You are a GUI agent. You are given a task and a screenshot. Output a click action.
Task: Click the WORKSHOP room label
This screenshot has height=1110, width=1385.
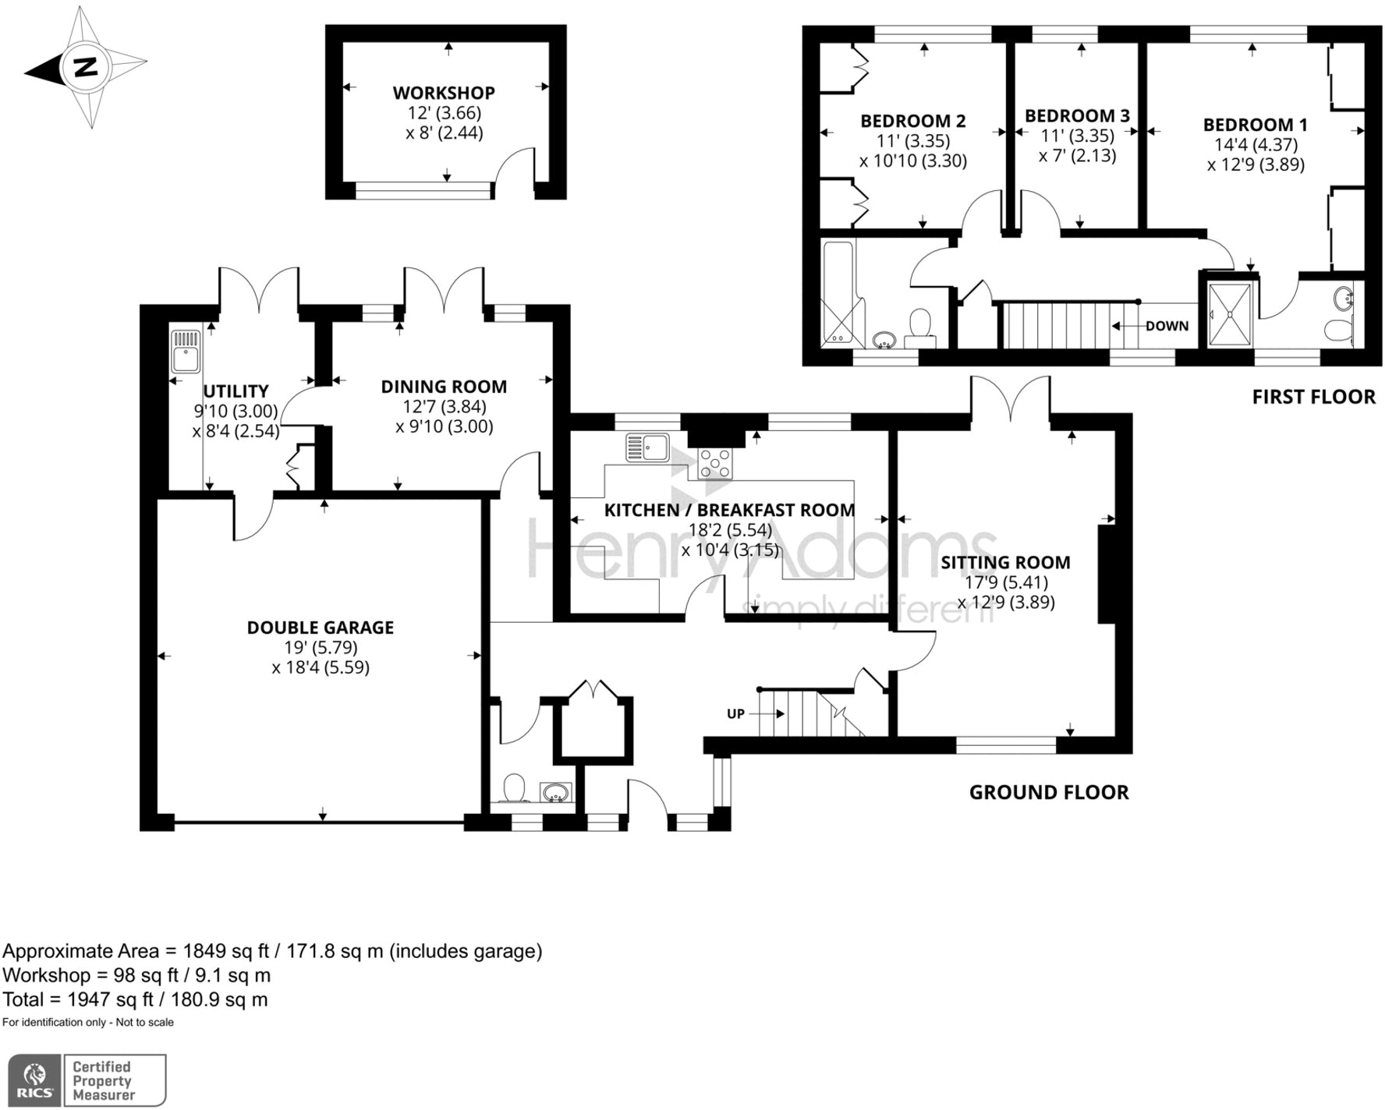click(x=444, y=93)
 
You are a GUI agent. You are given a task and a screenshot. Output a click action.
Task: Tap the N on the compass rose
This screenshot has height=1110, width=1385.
click(x=85, y=67)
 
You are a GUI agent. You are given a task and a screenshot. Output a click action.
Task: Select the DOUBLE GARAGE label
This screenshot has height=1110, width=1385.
click(x=320, y=627)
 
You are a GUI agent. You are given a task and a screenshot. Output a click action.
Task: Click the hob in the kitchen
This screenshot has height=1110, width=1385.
click(x=715, y=463)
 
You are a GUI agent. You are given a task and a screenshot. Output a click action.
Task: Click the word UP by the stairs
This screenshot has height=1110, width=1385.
click(x=735, y=713)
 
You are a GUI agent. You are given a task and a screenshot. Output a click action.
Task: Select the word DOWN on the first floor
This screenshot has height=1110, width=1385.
click(x=1167, y=326)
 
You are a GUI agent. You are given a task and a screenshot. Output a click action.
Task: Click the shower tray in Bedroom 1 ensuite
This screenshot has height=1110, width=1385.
click(x=1230, y=313)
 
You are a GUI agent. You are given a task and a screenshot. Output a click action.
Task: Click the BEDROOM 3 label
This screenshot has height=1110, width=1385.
click(x=1077, y=116)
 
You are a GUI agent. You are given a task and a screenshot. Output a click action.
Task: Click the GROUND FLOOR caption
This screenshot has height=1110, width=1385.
click(x=1049, y=793)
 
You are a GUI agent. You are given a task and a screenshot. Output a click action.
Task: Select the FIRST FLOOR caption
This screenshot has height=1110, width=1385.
click(x=1313, y=397)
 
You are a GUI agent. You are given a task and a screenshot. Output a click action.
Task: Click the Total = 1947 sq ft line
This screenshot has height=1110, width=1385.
click(x=135, y=999)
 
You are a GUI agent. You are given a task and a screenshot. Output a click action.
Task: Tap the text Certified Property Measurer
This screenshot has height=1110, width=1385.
click(x=102, y=1081)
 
